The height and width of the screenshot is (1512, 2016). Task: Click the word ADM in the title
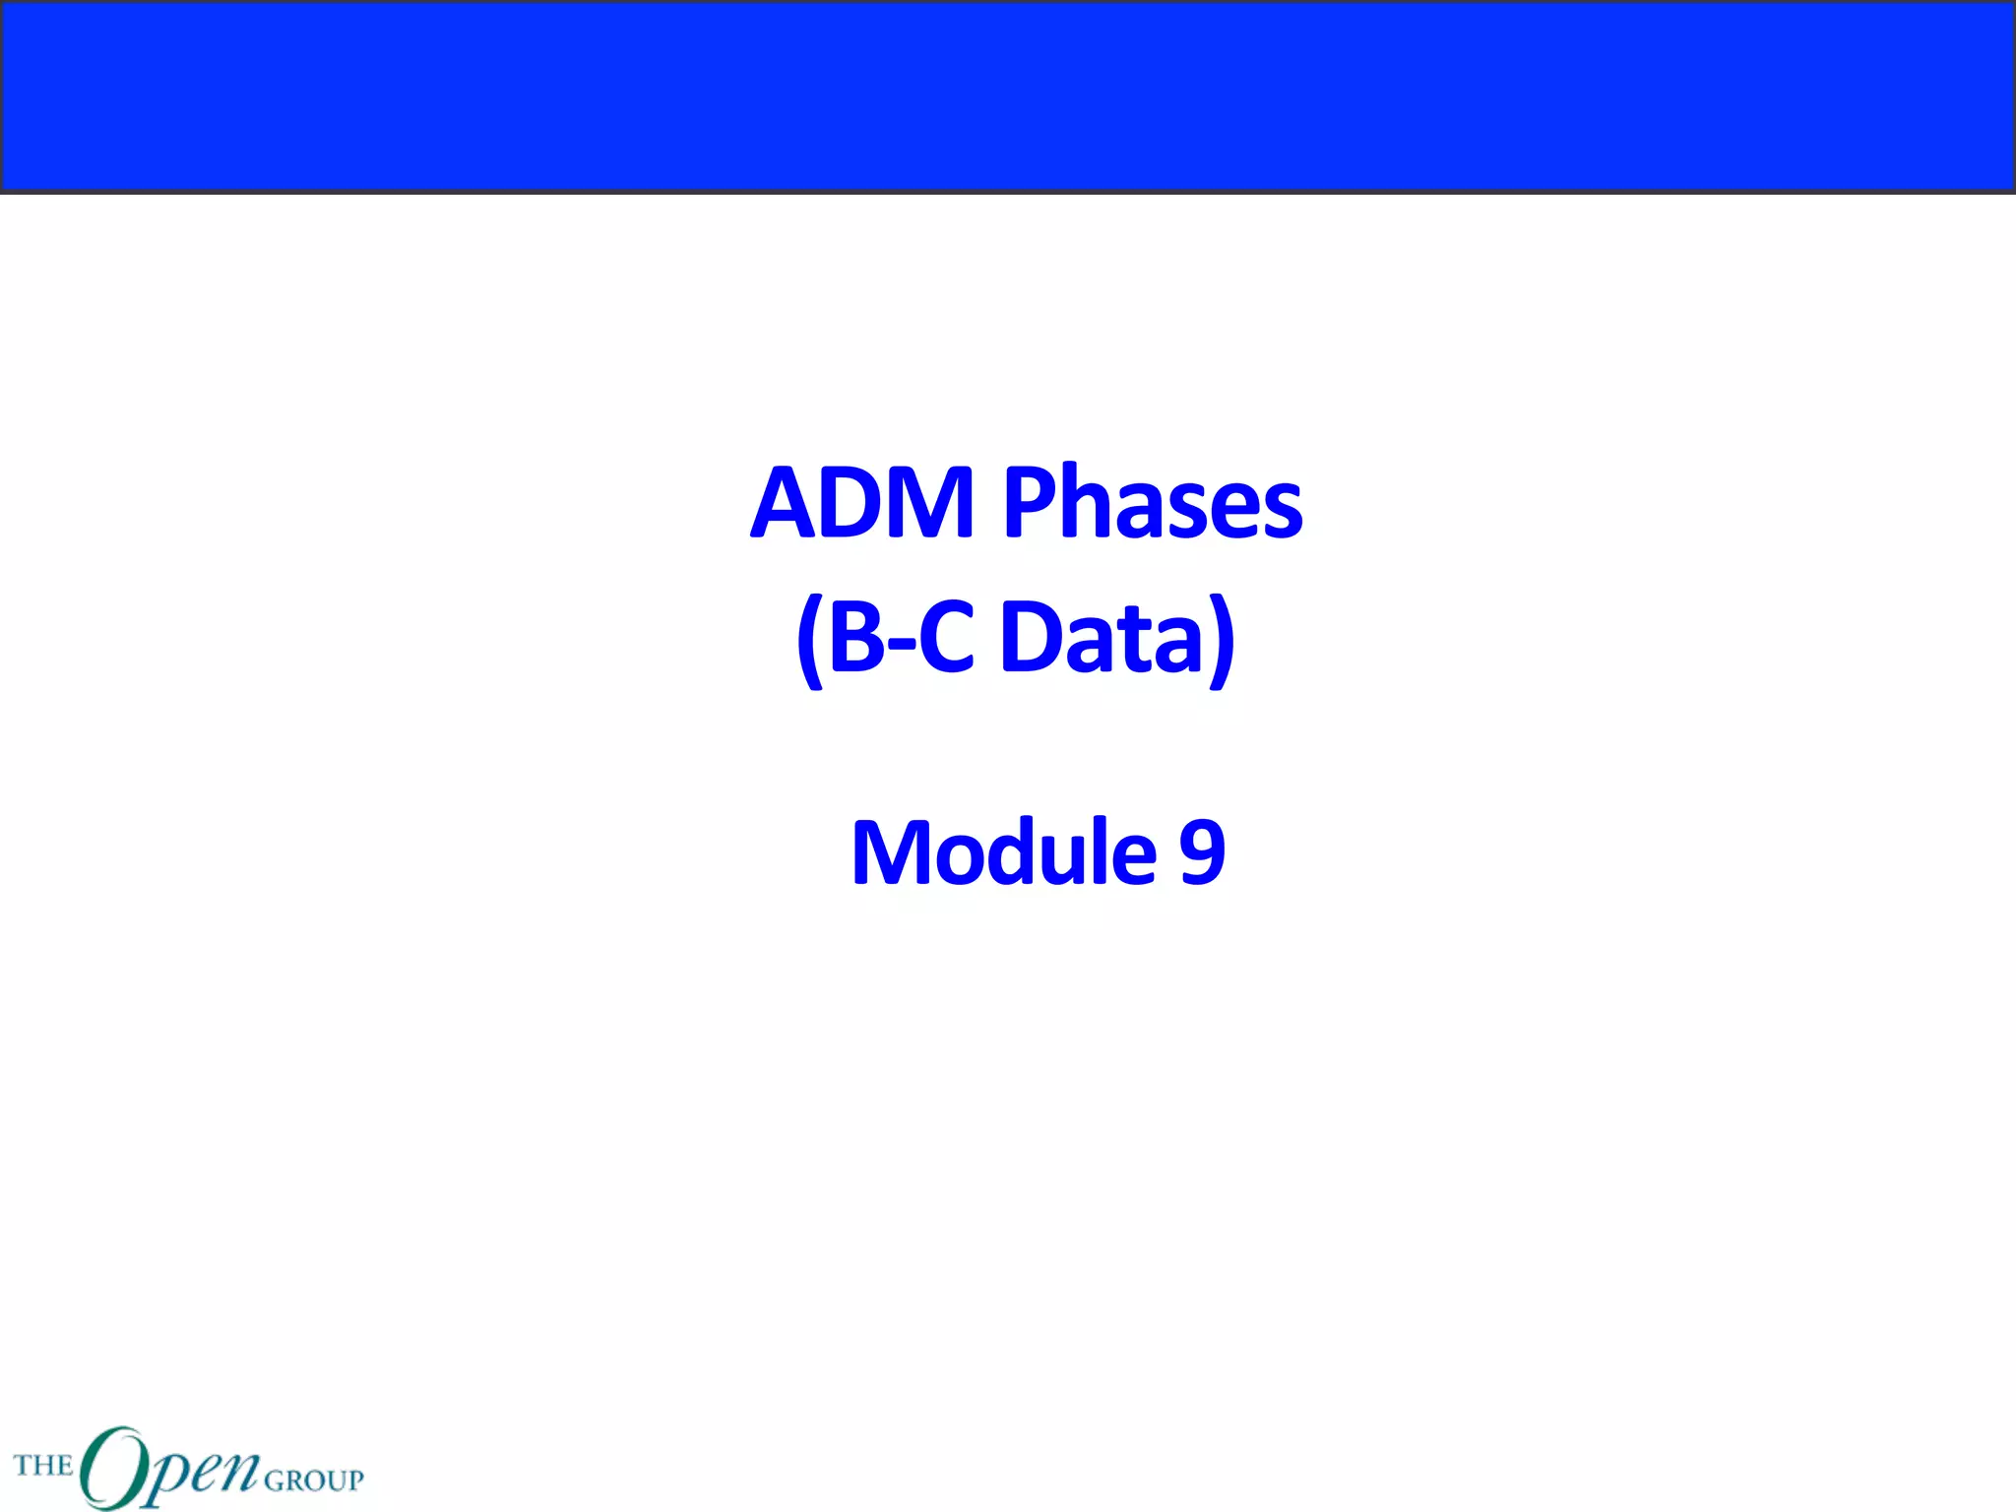[862, 503]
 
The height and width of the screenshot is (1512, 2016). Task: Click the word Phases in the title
[1152, 503]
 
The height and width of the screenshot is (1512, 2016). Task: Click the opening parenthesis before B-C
[809, 641]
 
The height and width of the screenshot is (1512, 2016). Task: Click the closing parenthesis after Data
[1221, 641]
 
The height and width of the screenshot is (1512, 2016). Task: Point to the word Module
[1003, 852]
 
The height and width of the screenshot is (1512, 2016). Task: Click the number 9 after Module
[1202, 852]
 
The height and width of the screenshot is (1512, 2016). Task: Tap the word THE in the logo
[43, 1465]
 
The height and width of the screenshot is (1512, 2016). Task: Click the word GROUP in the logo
[314, 1480]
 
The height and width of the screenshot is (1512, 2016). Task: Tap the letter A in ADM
[789, 503]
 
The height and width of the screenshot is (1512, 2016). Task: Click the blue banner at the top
[1008, 95]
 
